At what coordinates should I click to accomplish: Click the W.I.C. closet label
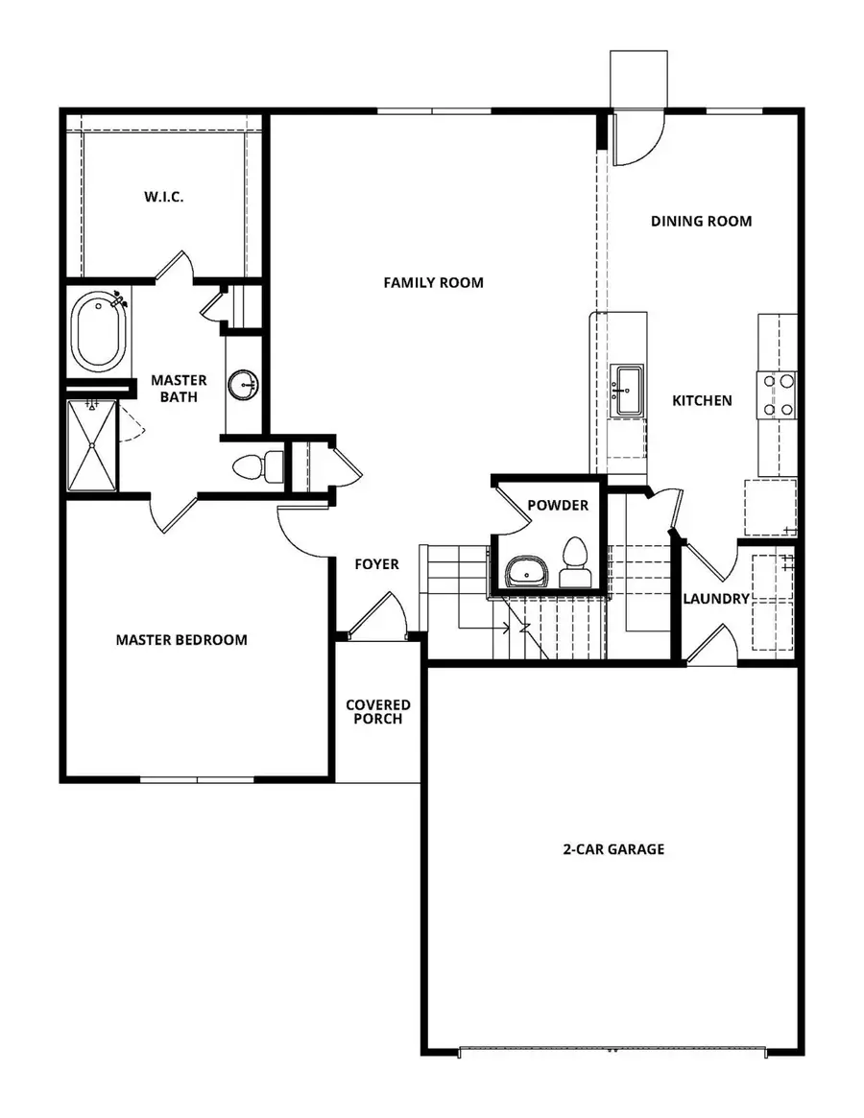(x=164, y=197)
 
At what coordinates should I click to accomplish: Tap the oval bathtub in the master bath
(x=96, y=333)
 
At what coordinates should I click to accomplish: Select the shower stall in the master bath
(x=92, y=444)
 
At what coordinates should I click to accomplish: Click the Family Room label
(x=433, y=282)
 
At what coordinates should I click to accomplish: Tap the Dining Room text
(x=701, y=221)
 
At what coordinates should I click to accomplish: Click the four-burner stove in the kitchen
(x=778, y=394)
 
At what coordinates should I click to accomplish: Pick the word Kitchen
(x=702, y=400)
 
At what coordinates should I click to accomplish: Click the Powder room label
(x=557, y=505)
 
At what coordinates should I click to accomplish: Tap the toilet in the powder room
(x=575, y=561)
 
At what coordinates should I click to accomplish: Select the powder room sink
(x=527, y=571)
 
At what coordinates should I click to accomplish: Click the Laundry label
(x=715, y=599)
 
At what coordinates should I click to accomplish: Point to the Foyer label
(x=376, y=564)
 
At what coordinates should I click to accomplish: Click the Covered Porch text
(x=377, y=712)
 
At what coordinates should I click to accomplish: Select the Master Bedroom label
(x=181, y=639)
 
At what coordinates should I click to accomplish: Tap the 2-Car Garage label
(x=613, y=849)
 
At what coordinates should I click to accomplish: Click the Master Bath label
(x=179, y=389)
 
